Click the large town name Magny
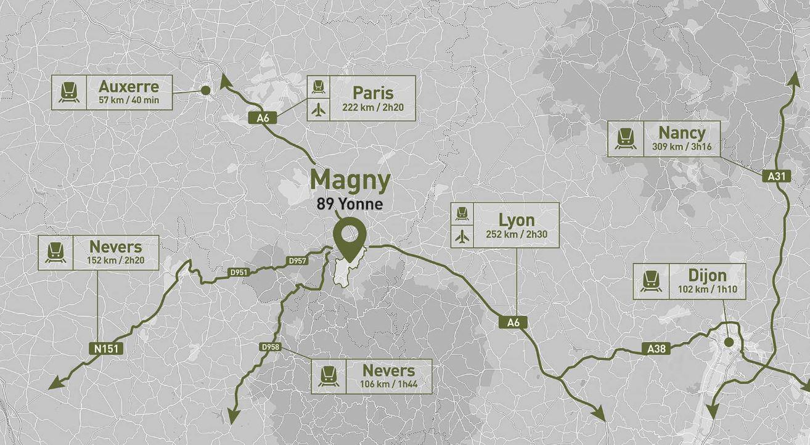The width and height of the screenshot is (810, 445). (350, 181)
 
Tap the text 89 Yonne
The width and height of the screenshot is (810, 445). (350, 203)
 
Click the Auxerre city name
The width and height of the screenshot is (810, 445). (128, 87)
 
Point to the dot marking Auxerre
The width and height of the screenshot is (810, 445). (206, 91)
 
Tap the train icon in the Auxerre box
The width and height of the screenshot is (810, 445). (69, 92)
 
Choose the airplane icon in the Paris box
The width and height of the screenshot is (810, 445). (318, 110)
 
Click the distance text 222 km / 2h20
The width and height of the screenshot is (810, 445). (372, 107)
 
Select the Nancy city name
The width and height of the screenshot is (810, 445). (681, 133)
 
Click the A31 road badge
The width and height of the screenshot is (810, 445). (777, 176)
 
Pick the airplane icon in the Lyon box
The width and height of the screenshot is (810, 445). (462, 236)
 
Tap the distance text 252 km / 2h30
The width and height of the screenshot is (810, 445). (516, 235)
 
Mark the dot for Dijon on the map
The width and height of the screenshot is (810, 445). (729, 342)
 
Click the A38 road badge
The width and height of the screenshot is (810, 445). (657, 349)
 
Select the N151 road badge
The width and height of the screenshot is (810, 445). (106, 349)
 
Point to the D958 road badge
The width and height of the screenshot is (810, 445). (271, 347)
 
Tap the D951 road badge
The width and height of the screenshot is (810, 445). (239, 272)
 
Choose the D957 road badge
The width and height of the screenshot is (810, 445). (297, 261)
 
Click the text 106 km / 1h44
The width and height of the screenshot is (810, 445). (388, 385)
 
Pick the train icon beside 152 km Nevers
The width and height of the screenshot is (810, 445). (55, 253)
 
